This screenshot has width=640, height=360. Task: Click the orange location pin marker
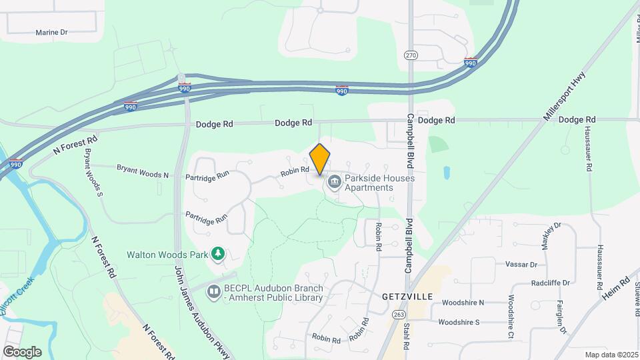tap(320, 159)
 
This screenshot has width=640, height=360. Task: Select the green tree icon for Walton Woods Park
tap(217, 253)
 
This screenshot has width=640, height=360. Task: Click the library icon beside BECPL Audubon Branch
tap(213, 291)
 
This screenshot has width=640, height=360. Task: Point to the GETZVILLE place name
tap(407, 295)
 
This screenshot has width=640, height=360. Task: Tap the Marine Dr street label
tap(52, 32)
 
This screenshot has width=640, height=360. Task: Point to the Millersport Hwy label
tap(564, 96)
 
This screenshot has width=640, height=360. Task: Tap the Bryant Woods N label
tap(143, 171)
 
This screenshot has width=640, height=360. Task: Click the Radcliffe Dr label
tap(549, 283)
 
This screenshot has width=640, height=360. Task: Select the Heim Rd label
tap(617, 293)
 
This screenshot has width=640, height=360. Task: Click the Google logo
tap(22, 351)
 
